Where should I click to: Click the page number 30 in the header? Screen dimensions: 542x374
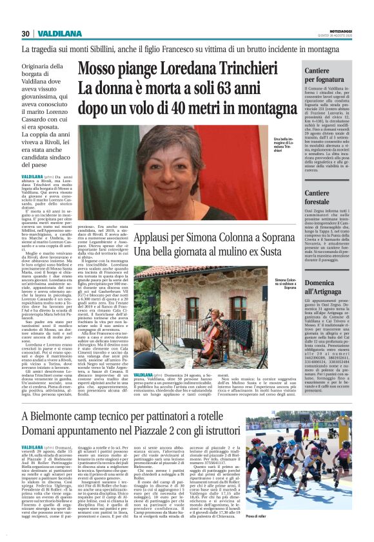coord(25,33)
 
